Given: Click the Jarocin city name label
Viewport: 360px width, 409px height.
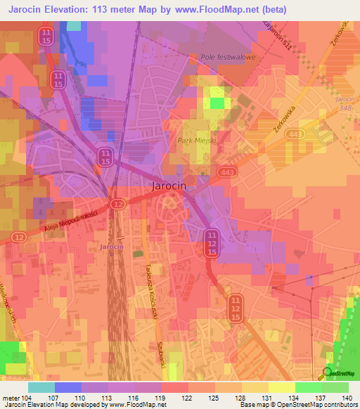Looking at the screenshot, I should point(170,187).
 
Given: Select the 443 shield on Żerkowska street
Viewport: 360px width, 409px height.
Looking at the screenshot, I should point(295,134).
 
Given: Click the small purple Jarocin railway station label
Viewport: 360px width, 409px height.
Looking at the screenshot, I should point(112,247).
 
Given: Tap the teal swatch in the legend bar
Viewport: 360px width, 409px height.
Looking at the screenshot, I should point(41,387).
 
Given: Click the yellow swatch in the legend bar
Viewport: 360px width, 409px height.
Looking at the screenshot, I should point(281,387).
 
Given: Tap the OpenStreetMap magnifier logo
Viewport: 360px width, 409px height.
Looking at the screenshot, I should point(327,372).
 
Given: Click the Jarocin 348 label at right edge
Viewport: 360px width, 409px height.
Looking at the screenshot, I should point(345,104).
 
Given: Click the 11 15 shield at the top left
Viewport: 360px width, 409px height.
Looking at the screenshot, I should point(46,37).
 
